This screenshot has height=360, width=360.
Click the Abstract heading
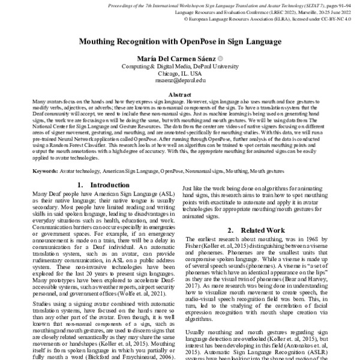pos(180,95)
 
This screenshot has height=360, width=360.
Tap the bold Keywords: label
pos(46,171)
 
